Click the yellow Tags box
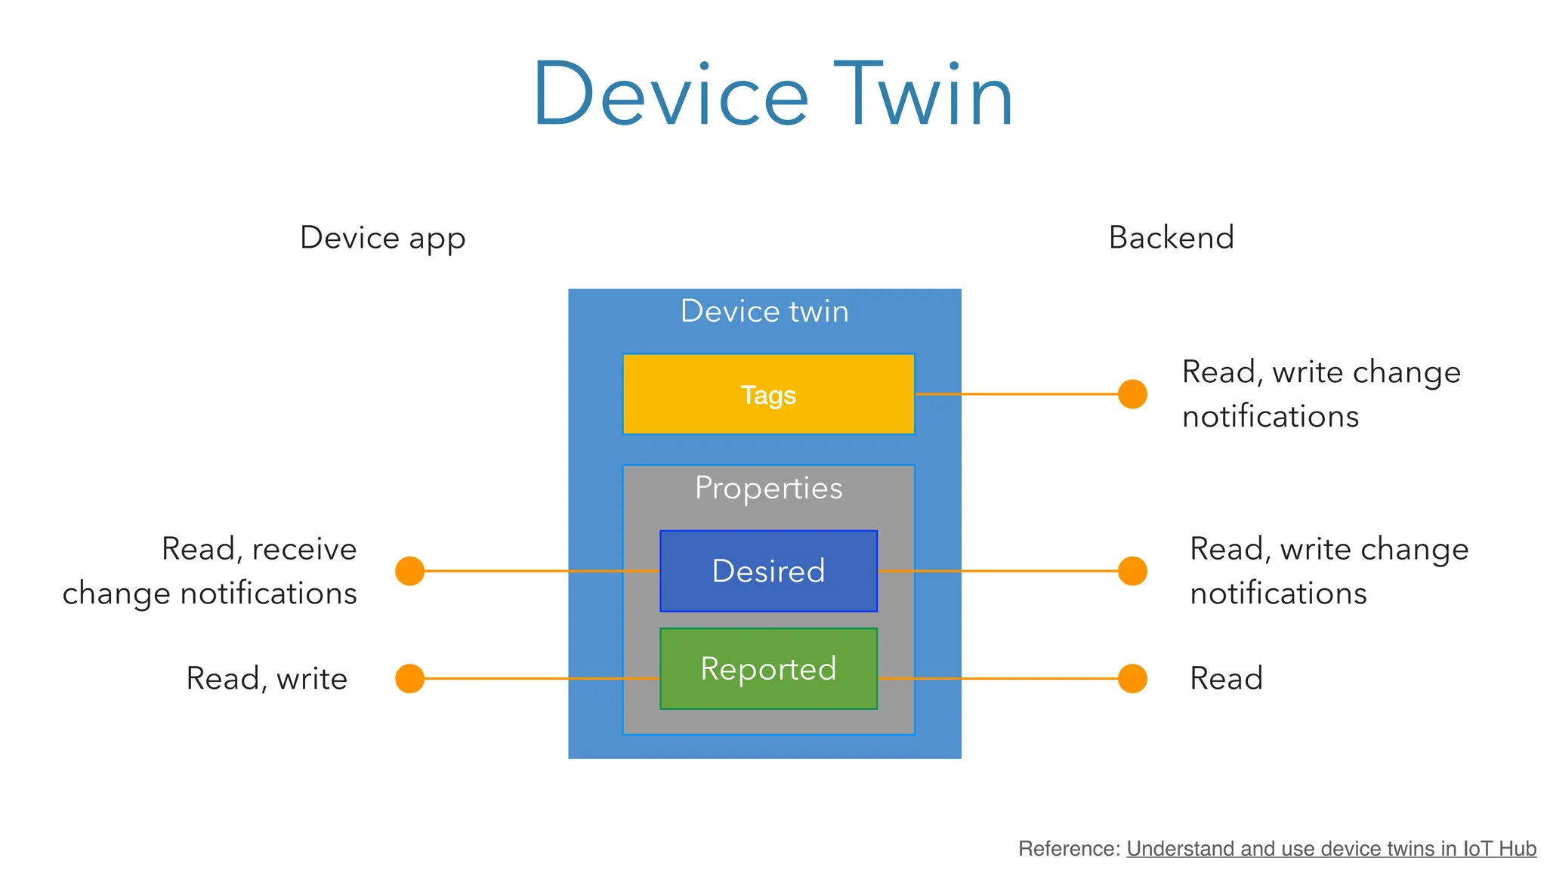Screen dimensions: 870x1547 768,394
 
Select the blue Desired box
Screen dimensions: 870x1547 768,571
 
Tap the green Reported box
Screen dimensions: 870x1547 768,668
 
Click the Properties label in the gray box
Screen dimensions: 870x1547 768,488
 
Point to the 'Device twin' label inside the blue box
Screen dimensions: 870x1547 764,311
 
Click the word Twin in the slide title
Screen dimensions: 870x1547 923,95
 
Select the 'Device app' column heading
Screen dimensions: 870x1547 382,238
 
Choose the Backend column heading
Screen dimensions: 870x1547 1171,237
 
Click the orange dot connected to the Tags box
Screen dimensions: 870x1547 1132,393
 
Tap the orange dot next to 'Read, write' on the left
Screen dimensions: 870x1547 409,678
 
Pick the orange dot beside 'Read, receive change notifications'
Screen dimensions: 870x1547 409,571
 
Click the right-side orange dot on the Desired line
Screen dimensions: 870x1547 1132,571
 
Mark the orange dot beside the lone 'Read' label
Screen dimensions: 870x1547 1132,678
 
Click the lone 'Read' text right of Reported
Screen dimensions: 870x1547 1226,678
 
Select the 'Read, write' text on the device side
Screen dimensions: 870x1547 267,678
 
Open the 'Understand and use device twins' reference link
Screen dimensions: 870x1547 1331,849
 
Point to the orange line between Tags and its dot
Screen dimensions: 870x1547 1016,393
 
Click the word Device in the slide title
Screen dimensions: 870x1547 671,95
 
